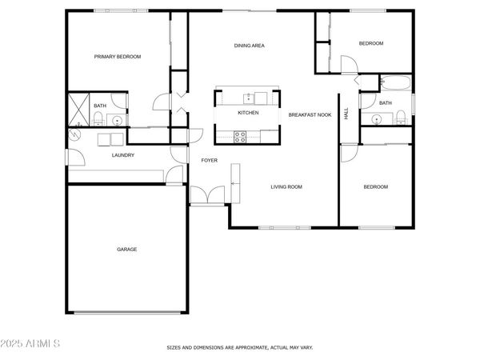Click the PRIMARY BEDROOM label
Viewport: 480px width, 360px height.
pyautogui.click(x=118, y=57)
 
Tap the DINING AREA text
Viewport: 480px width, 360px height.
pyautogui.click(x=249, y=46)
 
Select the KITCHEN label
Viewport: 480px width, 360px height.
pyautogui.click(x=248, y=113)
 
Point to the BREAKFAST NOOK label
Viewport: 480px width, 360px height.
pyautogui.click(x=310, y=115)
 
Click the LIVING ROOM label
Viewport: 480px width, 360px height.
pyautogui.click(x=286, y=187)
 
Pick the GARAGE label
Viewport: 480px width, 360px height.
pyautogui.click(x=127, y=250)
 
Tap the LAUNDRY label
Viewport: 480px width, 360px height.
pyautogui.click(x=122, y=155)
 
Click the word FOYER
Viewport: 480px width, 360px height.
pyautogui.click(x=209, y=161)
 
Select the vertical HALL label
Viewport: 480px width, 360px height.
pyautogui.click(x=346, y=114)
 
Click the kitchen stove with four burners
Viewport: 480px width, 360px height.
pyautogui.click(x=239, y=136)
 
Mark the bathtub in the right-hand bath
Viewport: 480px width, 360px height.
pyautogui.click(x=395, y=82)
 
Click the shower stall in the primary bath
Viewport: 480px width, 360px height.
pyautogui.click(x=80, y=110)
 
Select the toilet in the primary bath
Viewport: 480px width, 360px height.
pyautogui.click(x=98, y=119)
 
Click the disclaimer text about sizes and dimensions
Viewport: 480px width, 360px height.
pyautogui.click(x=239, y=348)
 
